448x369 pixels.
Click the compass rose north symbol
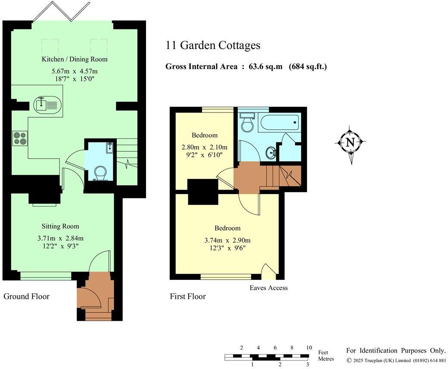point(350,142)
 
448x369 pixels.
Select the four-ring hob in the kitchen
point(19,138)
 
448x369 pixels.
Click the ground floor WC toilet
point(100,174)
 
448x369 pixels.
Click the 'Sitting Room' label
point(60,226)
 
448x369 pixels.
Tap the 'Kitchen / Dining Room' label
point(74,59)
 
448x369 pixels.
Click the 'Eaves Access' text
point(268,288)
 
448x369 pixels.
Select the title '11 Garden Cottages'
point(213,45)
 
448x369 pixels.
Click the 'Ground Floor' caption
point(26,296)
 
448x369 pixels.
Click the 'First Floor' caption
point(187,296)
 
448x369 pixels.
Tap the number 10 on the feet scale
point(308,347)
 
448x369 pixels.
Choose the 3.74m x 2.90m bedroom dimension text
point(228,240)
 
